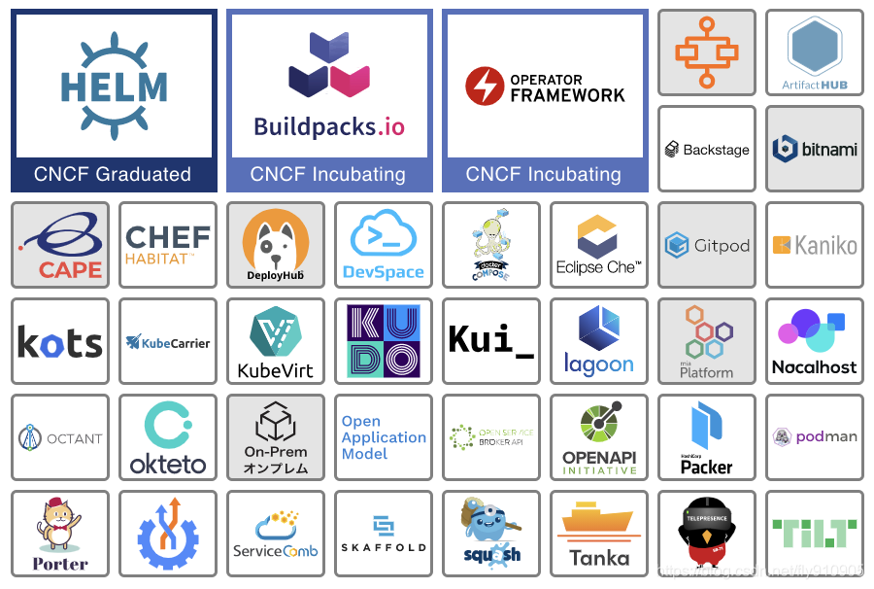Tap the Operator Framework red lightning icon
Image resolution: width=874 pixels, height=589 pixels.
(483, 86)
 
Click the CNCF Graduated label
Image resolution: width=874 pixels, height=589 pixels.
(113, 175)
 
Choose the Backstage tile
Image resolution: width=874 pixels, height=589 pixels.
(706, 150)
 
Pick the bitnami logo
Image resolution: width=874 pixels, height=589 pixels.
(814, 150)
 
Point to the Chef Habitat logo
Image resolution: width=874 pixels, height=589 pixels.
(167, 245)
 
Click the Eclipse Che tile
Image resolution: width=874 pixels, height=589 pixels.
(598, 245)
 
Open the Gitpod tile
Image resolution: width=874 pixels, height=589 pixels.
(706, 245)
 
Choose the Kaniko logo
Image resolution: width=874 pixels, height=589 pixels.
(814, 245)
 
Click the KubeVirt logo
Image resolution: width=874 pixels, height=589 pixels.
(275, 341)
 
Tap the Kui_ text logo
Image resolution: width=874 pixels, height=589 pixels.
(490, 340)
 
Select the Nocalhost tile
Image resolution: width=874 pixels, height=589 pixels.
(814, 341)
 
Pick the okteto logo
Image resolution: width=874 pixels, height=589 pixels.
(167, 437)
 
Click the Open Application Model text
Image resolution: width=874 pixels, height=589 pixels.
(383, 437)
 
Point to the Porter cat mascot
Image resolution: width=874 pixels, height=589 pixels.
(59, 525)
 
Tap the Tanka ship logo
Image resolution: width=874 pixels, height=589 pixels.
(598, 526)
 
